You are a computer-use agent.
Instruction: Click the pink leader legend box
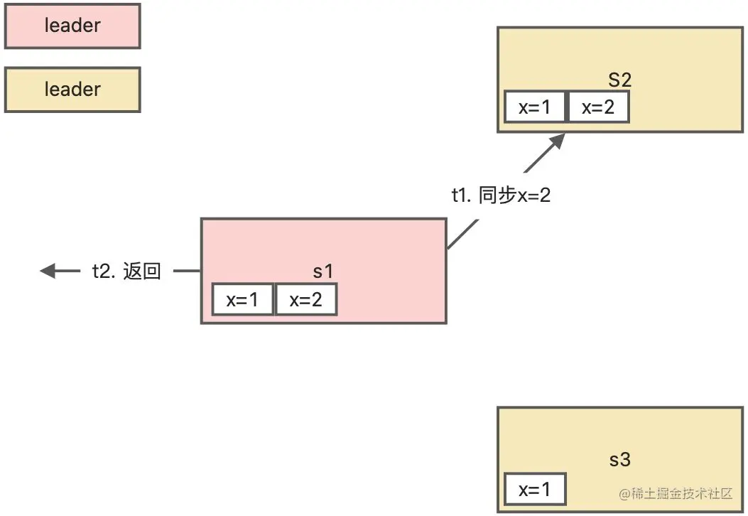click(x=72, y=27)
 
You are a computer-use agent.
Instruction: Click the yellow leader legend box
click(x=72, y=90)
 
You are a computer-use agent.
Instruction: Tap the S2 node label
click(x=619, y=80)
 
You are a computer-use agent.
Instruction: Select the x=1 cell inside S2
click(x=535, y=107)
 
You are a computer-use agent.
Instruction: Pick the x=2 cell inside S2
click(x=598, y=107)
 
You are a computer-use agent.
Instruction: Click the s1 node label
click(x=323, y=271)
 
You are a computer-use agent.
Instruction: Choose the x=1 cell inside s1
click(x=242, y=300)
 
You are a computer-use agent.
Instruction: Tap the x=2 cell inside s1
click(x=305, y=300)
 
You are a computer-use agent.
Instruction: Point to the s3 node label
click(x=619, y=460)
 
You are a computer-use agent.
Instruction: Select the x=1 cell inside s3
click(x=535, y=490)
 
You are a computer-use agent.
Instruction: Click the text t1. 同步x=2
click(x=501, y=195)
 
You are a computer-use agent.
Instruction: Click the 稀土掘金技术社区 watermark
click(x=676, y=494)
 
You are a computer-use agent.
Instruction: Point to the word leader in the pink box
click(x=72, y=26)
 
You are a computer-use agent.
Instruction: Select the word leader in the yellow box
click(x=72, y=90)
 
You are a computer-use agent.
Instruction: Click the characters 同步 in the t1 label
click(x=497, y=195)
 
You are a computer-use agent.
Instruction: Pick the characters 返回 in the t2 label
click(x=142, y=272)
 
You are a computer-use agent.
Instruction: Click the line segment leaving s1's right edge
click(x=462, y=235)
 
